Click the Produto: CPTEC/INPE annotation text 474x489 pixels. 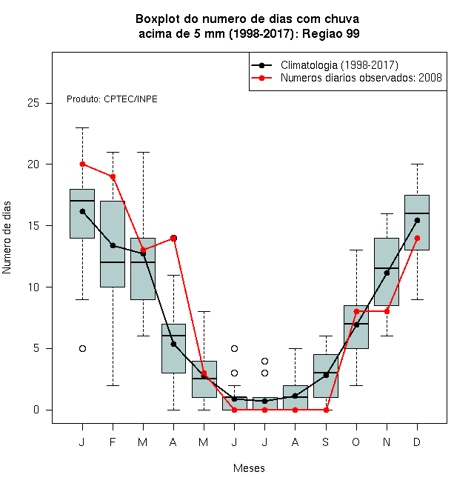(112, 99)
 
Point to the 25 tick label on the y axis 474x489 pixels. (33, 103)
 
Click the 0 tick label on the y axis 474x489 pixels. (36, 410)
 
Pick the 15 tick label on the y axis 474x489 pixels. (33, 225)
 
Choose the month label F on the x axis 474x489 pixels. (113, 442)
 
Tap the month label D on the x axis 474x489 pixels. (417, 442)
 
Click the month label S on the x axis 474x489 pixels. (326, 442)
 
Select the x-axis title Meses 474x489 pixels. (249, 468)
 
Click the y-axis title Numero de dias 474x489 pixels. (7, 238)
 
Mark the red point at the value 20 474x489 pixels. (82, 164)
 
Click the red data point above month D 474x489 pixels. (417, 238)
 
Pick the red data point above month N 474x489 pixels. (387, 311)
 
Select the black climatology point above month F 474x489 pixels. (113, 245)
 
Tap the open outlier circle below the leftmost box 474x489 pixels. (82, 348)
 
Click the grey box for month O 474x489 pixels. (356, 327)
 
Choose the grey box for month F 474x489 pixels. (113, 244)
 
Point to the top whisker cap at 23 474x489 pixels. (82, 127)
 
